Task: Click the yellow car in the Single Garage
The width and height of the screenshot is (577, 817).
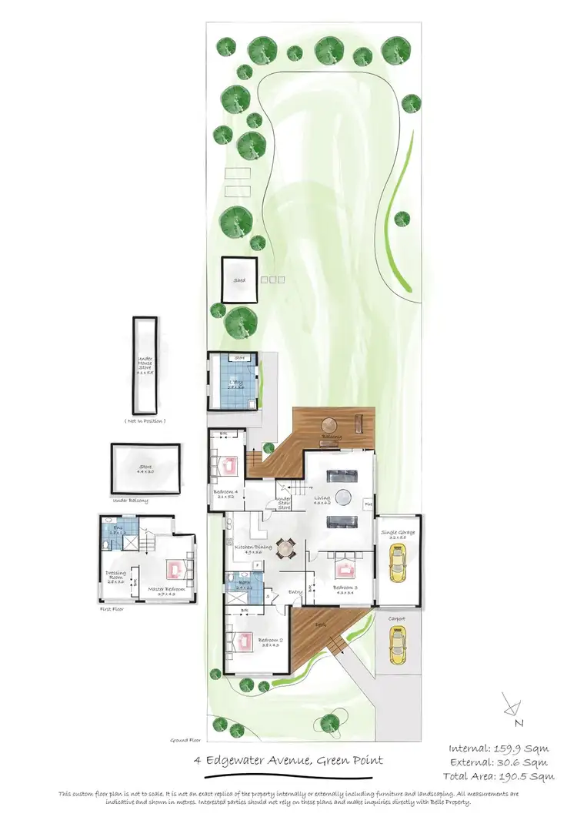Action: [x=398, y=564]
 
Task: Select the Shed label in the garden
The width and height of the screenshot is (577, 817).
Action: [x=239, y=281]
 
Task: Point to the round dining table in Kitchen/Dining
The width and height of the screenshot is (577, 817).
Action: [x=286, y=549]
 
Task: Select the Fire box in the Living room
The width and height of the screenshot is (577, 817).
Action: [x=369, y=505]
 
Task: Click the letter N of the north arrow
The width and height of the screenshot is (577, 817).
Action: [x=520, y=722]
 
